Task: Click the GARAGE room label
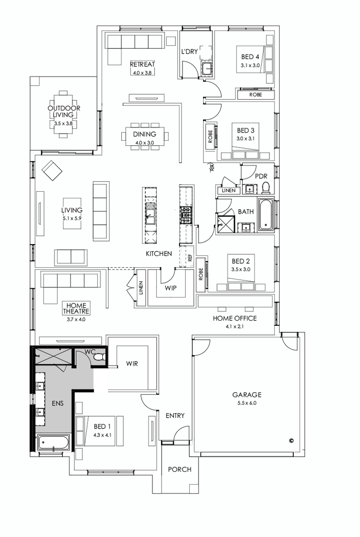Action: click(x=247, y=395)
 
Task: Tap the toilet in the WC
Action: click(x=101, y=357)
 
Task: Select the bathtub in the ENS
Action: click(x=53, y=443)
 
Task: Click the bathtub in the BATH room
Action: click(x=265, y=215)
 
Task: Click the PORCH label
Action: click(x=179, y=469)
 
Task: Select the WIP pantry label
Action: click(x=171, y=288)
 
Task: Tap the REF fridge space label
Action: click(x=190, y=258)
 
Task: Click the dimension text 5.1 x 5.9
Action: click(x=72, y=218)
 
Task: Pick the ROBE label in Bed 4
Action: click(x=255, y=95)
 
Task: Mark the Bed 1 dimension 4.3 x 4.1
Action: click(x=102, y=435)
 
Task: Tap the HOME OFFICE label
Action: click(x=235, y=318)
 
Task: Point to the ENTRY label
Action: click(x=175, y=416)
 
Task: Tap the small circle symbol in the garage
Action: click(x=291, y=440)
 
